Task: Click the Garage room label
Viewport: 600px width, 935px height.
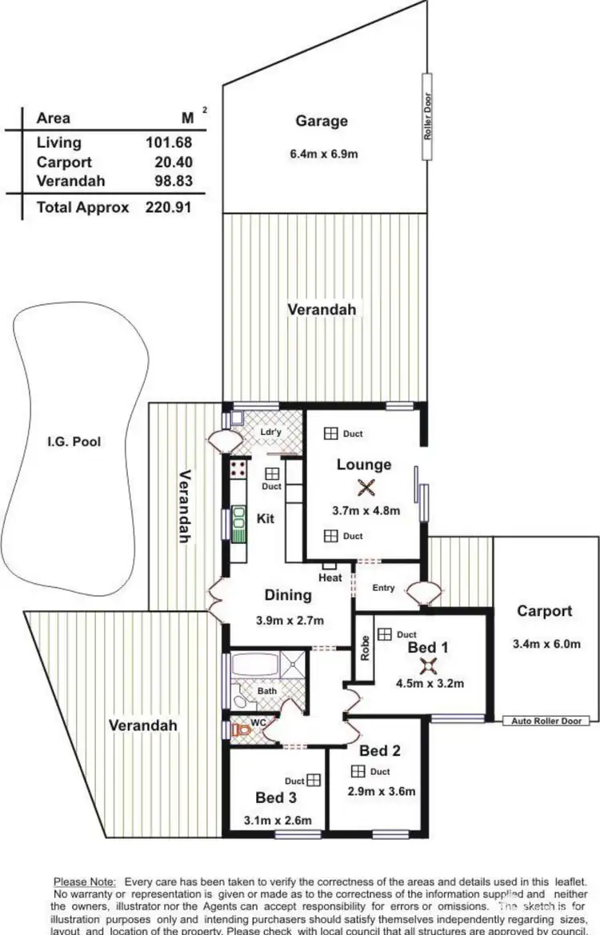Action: coord(322,121)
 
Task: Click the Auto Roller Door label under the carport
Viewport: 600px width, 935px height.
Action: coord(546,721)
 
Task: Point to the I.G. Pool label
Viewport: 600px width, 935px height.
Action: coord(73,441)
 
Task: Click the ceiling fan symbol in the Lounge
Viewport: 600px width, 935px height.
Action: coord(366,487)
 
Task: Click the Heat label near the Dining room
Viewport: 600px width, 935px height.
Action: coord(330,577)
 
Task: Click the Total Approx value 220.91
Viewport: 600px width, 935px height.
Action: coord(170,207)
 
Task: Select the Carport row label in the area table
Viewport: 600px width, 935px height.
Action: coord(64,162)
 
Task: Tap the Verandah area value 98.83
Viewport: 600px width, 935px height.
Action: coord(170,182)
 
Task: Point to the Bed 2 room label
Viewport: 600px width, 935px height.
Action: coord(379,750)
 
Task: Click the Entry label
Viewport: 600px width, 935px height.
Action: coord(383,588)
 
